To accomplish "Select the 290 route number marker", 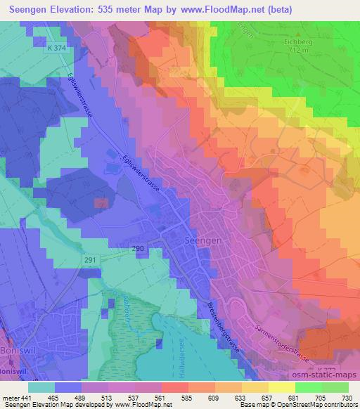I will coord(139,249).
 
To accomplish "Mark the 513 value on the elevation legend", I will coord(105,397).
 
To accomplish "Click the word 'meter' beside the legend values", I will coord(10,397).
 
